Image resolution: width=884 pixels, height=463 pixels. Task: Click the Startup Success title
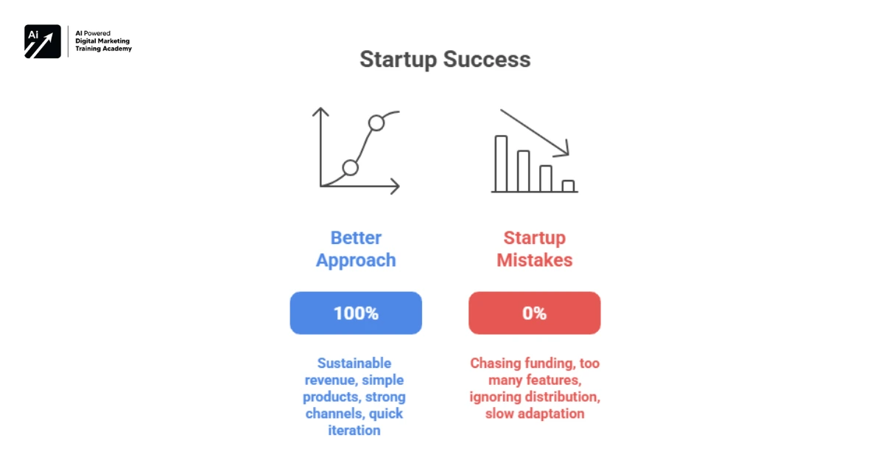click(445, 60)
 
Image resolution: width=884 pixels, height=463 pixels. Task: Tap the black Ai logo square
click(43, 41)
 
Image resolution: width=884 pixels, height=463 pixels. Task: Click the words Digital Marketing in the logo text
click(103, 41)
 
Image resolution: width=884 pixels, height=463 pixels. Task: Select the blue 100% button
click(356, 313)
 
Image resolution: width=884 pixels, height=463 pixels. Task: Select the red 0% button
click(534, 313)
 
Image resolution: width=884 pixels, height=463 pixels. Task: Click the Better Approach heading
click(356, 249)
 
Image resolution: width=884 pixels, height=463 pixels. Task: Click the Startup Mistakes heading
click(534, 249)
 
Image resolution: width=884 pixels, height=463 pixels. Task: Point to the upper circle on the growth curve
click(376, 123)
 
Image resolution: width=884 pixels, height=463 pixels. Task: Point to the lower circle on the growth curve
click(351, 167)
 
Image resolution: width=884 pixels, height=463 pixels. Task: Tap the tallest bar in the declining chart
click(501, 163)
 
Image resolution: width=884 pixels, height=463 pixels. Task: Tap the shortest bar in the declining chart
click(568, 186)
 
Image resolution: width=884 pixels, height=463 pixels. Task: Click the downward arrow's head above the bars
click(564, 151)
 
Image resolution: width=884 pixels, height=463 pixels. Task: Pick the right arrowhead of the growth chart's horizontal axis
click(397, 186)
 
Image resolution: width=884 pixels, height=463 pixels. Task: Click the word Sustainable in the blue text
click(354, 363)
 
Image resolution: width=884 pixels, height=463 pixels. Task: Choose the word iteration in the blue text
click(354, 431)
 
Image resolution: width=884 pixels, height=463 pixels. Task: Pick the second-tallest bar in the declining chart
click(523, 170)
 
